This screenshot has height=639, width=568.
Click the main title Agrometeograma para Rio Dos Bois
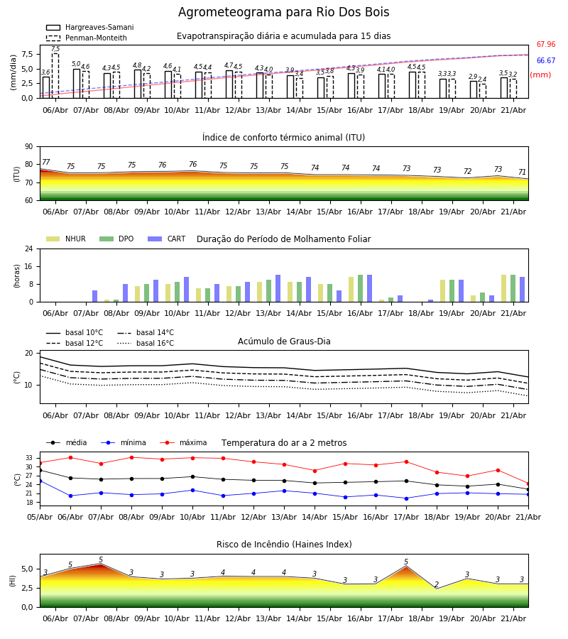tap(283, 12)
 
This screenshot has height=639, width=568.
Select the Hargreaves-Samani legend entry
tap(89, 27)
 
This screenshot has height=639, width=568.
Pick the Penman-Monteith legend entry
tap(87, 38)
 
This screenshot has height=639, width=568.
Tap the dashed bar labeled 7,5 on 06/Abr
tap(55, 76)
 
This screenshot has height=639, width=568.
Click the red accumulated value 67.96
tap(546, 44)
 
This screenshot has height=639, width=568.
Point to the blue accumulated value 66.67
tap(546, 61)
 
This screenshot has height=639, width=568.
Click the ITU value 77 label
tap(46, 162)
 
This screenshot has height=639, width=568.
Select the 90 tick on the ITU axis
tap(29, 147)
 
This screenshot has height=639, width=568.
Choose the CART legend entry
tap(167, 239)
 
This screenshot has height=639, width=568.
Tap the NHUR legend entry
tap(66, 239)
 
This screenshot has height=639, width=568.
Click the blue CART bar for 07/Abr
tap(95, 296)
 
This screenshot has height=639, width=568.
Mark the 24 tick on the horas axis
tap(29, 248)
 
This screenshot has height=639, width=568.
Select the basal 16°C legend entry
tap(146, 343)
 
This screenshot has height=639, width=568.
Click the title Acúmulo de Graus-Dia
tap(284, 341)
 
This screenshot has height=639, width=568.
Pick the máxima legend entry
tap(183, 442)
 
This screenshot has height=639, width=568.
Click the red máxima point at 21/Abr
tap(528, 484)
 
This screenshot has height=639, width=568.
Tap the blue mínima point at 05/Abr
tap(40, 481)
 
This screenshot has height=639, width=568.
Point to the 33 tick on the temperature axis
tap(30, 458)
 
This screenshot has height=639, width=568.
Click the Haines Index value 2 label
tap(437, 584)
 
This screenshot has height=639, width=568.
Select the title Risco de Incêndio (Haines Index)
tap(284, 545)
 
